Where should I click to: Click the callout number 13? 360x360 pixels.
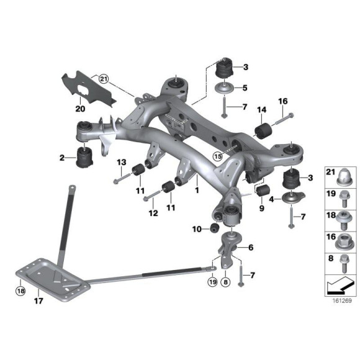(x=122, y=163)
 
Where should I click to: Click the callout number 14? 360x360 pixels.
(x=261, y=110)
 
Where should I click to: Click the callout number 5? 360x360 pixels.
(x=245, y=88)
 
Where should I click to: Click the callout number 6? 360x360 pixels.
(x=251, y=247)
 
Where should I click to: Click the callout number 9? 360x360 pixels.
(x=261, y=209)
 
